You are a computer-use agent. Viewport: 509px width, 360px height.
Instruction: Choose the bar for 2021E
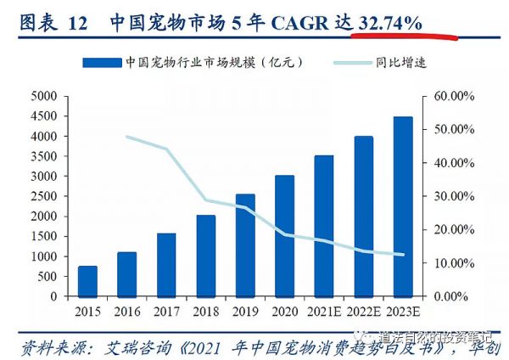tap(323, 226)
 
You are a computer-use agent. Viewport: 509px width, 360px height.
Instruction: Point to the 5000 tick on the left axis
tap(44, 96)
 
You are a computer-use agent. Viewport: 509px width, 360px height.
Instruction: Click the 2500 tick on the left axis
tap(44, 196)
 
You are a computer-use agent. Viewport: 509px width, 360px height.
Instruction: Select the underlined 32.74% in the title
tap(390, 23)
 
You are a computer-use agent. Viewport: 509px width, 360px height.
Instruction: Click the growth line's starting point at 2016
tap(126, 137)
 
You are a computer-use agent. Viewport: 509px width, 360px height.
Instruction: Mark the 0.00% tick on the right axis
tap(450, 296)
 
